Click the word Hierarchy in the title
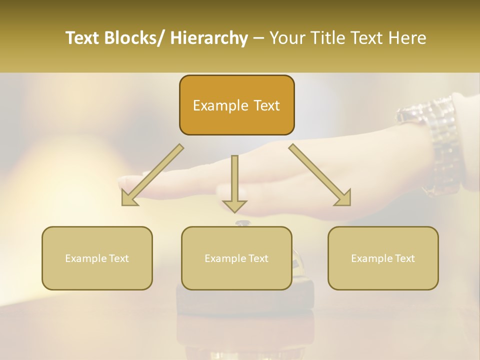coord(209,38)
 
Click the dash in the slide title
coord(258,38)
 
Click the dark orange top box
coord(236,105)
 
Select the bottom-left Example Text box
coord(97,258)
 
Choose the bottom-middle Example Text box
coord(236,258)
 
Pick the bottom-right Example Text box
coord(383,258)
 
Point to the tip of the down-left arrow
coord(122,204)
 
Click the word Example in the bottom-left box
coord(85,258)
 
